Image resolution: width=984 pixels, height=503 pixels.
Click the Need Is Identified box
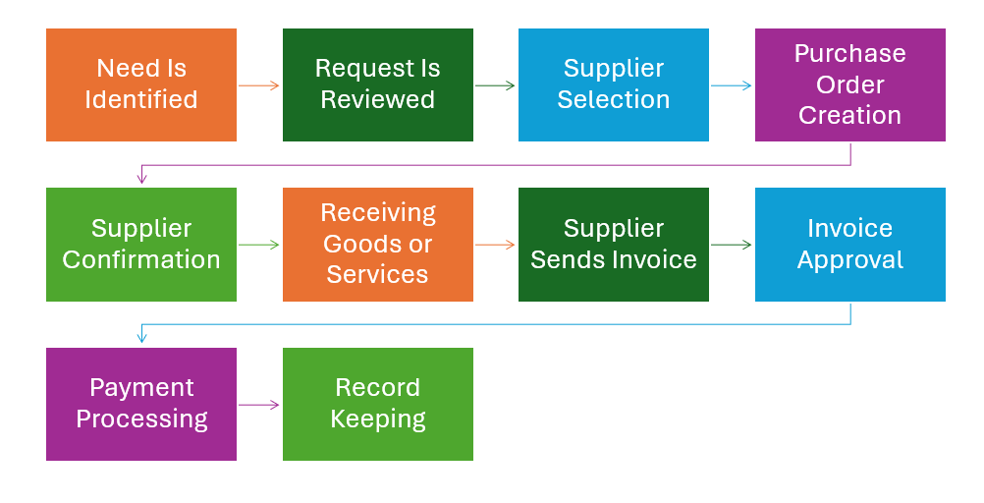pos(141,84)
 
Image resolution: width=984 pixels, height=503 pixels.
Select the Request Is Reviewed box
pos(378,84)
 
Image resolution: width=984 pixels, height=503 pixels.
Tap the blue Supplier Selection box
pos(614,84)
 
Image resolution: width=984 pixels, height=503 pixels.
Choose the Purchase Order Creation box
pos(849,84)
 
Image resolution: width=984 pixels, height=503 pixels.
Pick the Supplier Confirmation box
pos(141,245)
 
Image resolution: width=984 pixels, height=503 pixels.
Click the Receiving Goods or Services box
pos(378,245)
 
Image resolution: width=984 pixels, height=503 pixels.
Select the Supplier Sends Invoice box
pos(614,245)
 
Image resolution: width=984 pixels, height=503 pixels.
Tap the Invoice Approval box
pos(849,245)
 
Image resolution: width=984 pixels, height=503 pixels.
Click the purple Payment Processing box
pos(141,404)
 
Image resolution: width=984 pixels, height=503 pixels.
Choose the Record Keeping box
pos(378,404)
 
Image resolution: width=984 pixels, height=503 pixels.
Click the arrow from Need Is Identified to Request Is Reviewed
pos(259,85)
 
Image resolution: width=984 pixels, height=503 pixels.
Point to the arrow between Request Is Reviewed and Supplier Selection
pos(496,85)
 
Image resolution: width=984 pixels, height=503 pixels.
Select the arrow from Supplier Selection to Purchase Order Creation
pos(732,85)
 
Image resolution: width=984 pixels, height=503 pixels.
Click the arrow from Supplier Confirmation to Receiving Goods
pos(259,245)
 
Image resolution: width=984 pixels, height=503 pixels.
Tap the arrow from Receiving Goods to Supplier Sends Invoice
pos(496,245)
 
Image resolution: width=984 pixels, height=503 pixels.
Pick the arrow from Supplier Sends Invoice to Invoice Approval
pos(732,245)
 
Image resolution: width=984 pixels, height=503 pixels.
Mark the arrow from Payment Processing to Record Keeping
pos(259,404)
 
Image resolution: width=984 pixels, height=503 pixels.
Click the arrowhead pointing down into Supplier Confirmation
pos(142,178)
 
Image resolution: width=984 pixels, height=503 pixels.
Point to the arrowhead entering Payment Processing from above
pos(142,337)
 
